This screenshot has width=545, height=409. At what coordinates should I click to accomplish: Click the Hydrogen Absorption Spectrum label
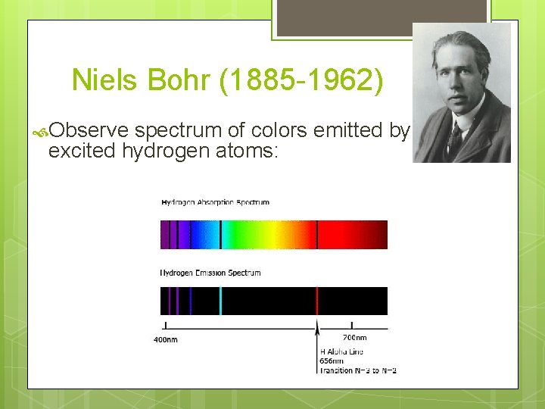click(215, 202)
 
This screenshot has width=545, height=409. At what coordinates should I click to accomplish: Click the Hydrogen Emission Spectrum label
click(210, 273)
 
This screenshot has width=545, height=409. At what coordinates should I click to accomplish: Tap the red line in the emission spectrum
click(316, 301)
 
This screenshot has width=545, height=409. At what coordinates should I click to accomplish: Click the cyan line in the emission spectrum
click(220, 301)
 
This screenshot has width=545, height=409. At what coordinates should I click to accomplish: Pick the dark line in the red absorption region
click(316, 235)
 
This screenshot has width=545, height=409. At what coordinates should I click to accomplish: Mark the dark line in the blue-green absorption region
click(220, 235)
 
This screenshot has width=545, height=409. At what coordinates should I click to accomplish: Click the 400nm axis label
click(166, 339)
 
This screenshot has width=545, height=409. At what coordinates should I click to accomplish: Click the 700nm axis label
click(354, 337)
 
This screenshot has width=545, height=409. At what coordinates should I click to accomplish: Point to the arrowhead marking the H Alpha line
click(316, 324)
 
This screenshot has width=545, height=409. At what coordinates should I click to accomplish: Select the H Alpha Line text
click(341, 351)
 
